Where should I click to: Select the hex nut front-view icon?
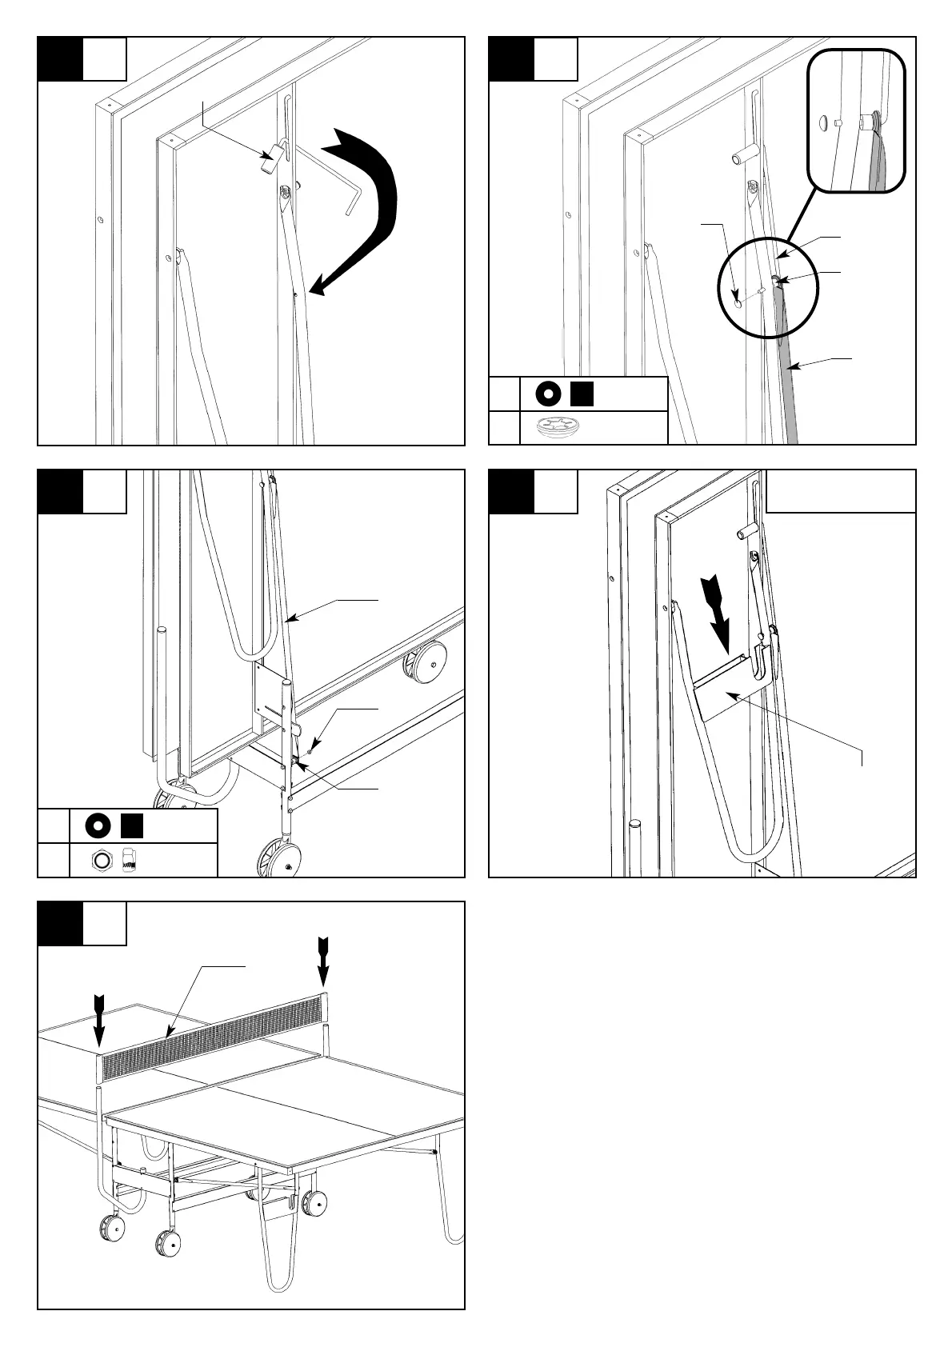pyautogui.click(x=100, y=860)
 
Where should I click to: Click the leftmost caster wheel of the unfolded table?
pyautogui.click(x=112, y=1228)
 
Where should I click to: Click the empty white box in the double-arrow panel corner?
pyautogui.click(x=841, y=490)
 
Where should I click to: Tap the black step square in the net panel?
pyautogui.click(x=60, y=924)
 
